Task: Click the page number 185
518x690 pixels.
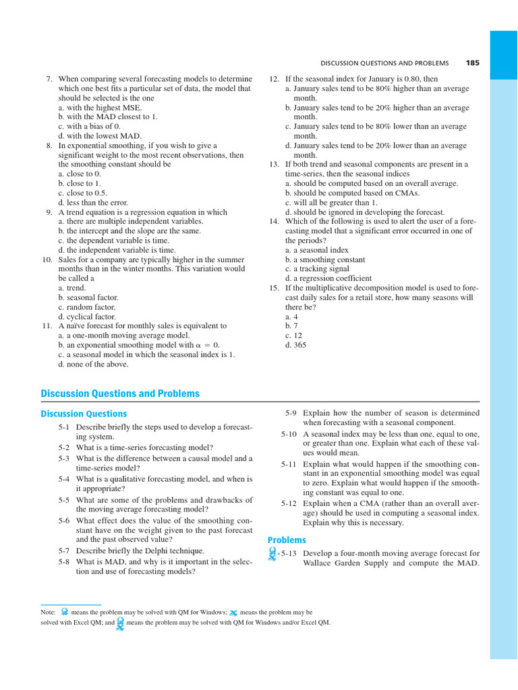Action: point(472,63)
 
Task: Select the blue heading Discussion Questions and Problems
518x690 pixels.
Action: point(120,394)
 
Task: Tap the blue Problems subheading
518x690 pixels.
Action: point(287,540)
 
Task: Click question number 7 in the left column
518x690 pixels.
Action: point(49,79)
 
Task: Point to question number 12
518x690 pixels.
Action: point(274,79)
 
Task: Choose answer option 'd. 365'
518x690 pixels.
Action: point(295,345)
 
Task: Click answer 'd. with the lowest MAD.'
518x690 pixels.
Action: point(100,136)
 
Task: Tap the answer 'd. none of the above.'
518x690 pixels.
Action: point(93,365)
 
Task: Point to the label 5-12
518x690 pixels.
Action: point(289,503)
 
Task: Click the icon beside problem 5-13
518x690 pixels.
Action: point(272,553)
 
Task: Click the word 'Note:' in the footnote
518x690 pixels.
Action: point(49,613)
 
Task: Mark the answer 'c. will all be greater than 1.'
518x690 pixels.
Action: point(331,202)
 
